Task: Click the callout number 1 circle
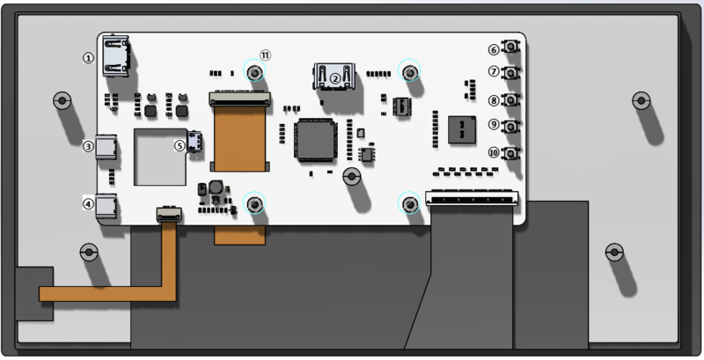click(88, 57)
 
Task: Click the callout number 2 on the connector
click(335, 77)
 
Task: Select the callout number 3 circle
click(88, 147)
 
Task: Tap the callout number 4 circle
click(88, 204)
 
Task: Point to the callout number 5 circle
click(180, 146)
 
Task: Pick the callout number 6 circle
click(494, 49)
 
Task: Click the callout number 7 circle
click(494, 72)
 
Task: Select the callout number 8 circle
click(494, 101)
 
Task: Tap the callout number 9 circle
click(494, 125)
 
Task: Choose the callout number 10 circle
click(494, 152)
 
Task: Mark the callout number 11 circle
click(265, 55)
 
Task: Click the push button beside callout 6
click(510, 48)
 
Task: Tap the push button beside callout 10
click(510, 153)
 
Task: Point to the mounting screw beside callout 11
click(254, 72)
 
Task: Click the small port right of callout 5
click(195, 142)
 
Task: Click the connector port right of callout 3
click(107, 148)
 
